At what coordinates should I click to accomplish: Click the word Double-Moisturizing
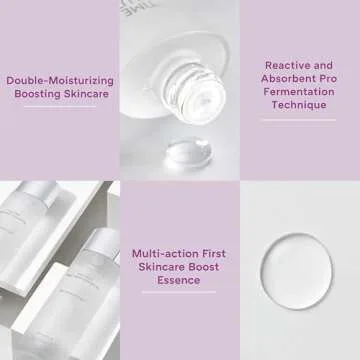pyautogui.click(x=60, y=80)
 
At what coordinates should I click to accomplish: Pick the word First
pyautogui.click(x=213, y=253)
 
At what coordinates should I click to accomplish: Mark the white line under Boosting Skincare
pyautogui.click(x=60, y=107)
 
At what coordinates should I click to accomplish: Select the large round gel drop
pyautogui.click(x=297, y=266)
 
